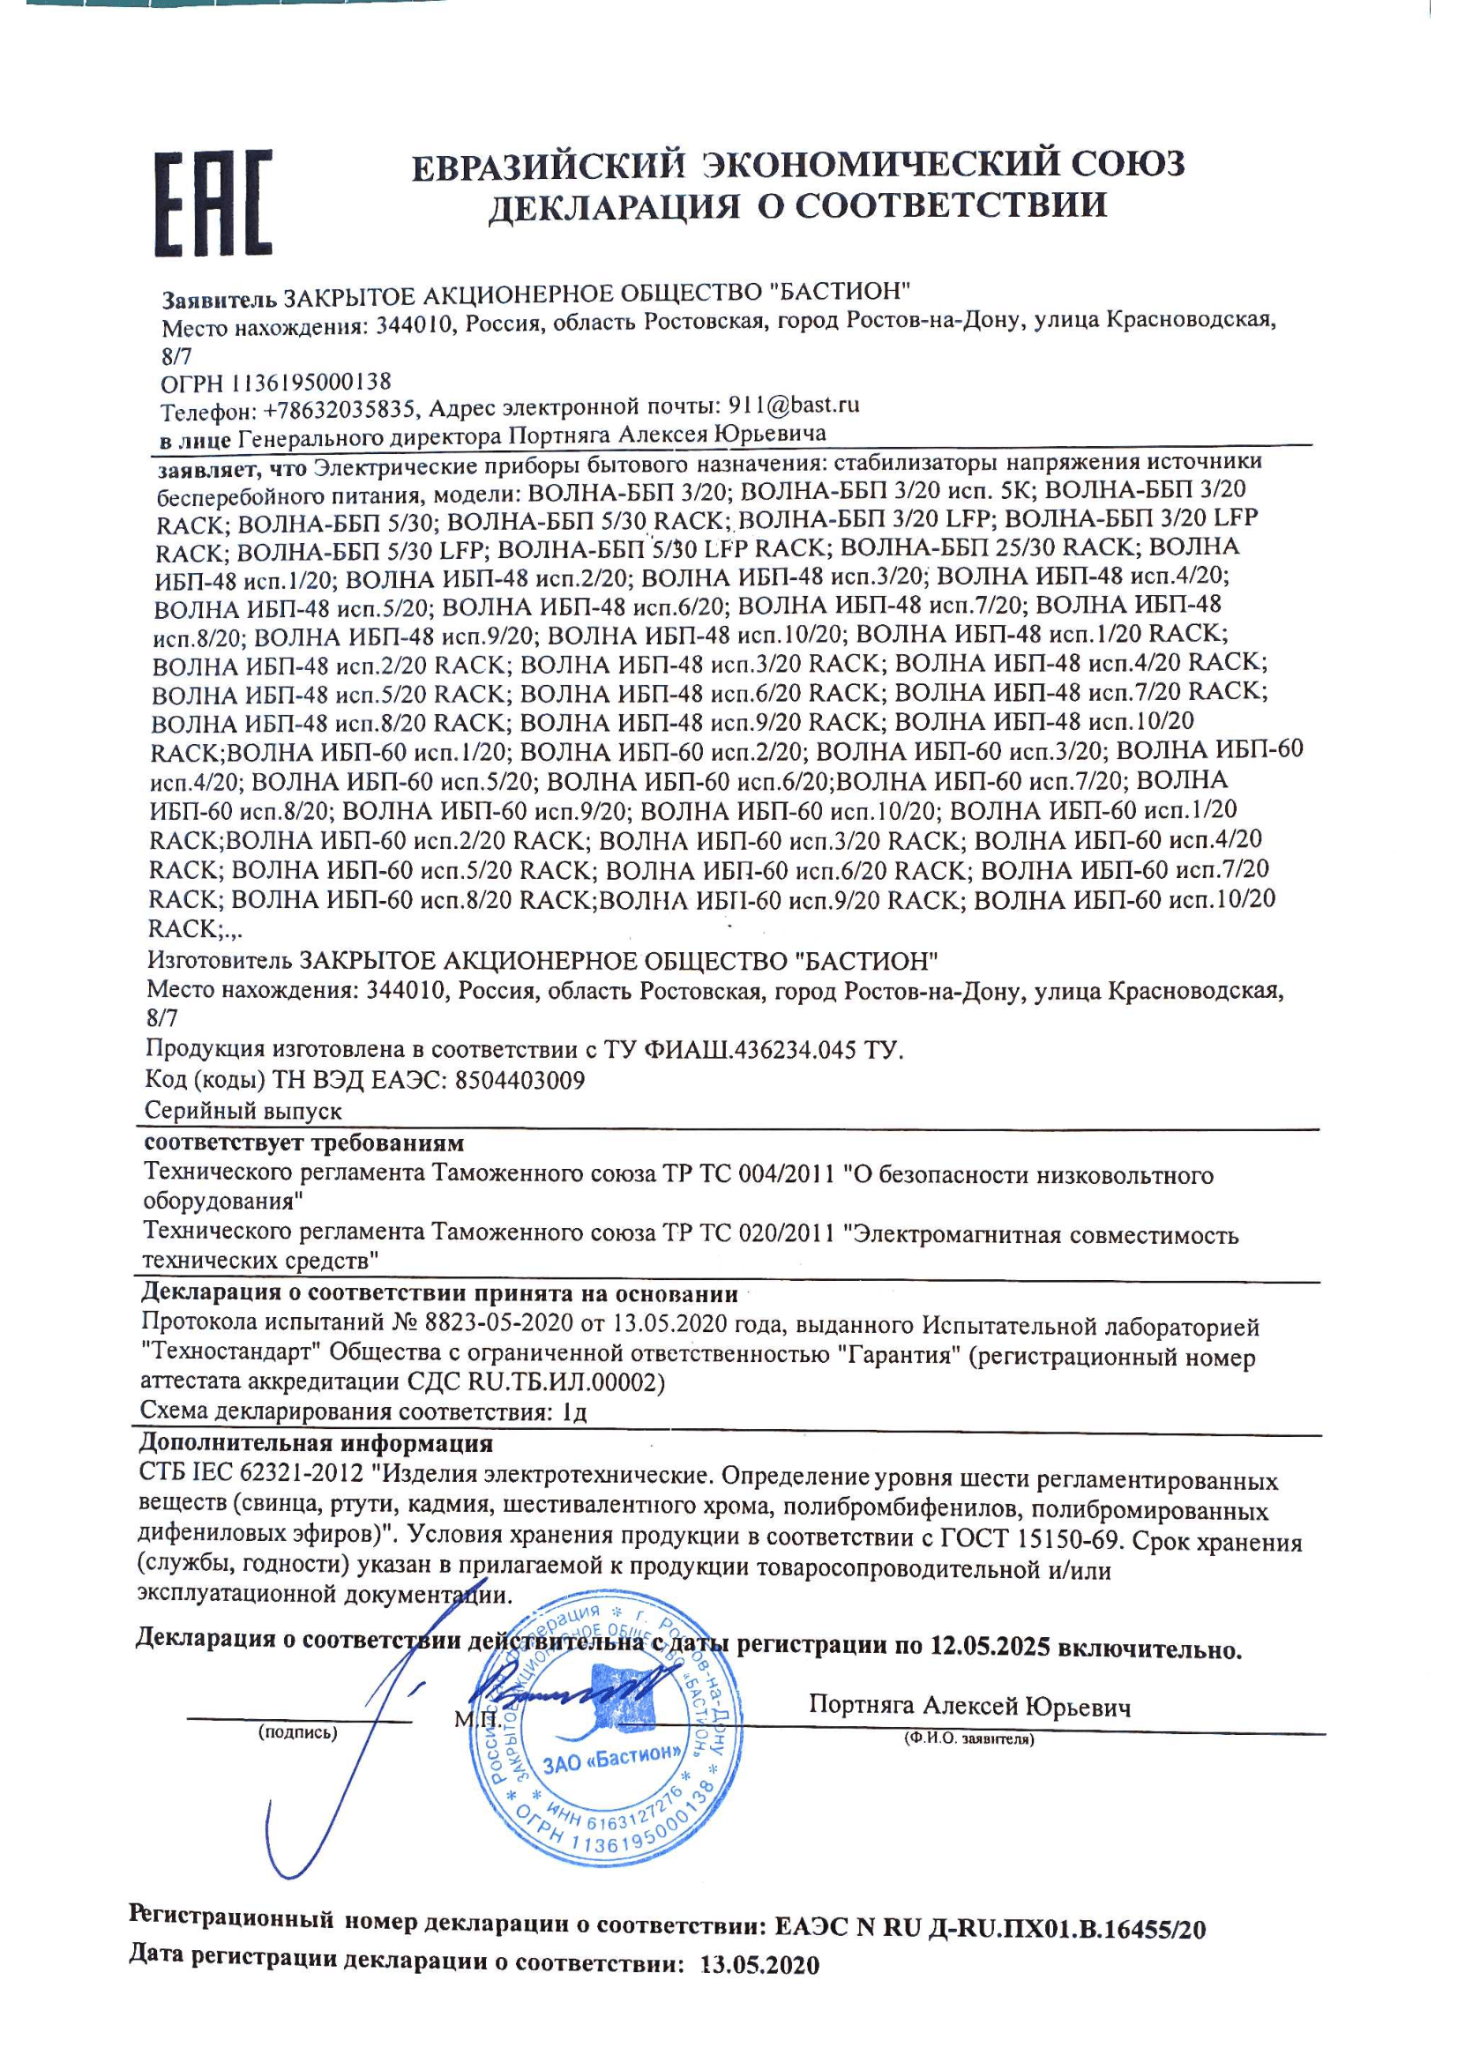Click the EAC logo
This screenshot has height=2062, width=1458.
213,203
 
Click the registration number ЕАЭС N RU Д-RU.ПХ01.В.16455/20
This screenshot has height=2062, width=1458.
989,1927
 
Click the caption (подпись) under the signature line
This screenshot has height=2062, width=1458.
296,1732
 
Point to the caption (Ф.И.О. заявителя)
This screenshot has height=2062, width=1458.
968,1739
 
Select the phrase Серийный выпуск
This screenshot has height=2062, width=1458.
243,1110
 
